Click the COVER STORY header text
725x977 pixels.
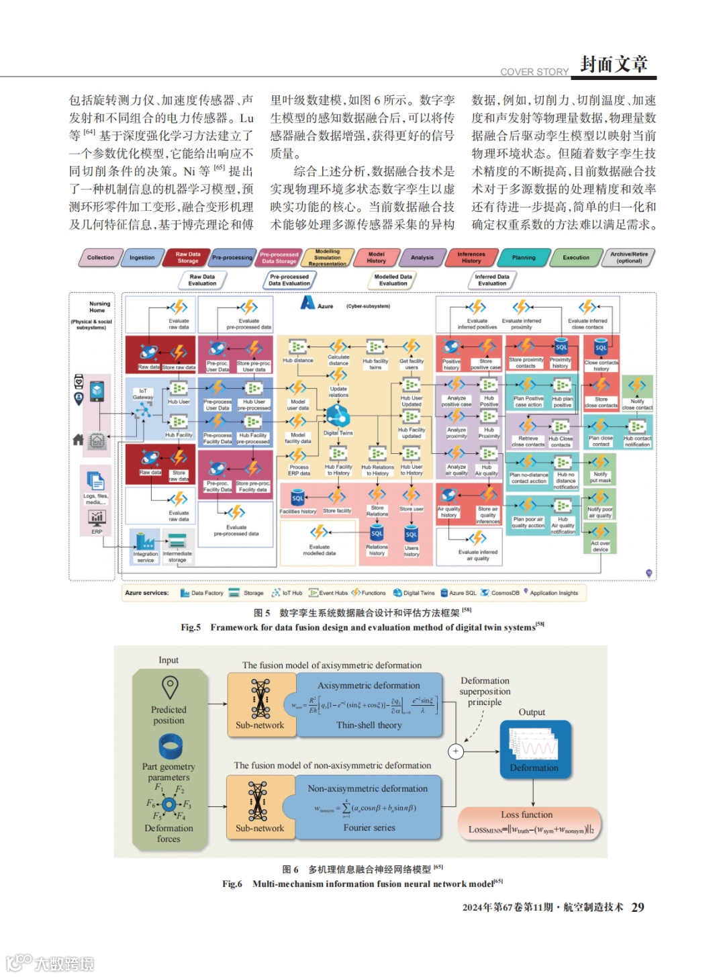(x=534, y=72)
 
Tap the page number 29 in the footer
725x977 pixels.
(x=637, y=907)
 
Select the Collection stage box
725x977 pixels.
(x=100, y=258)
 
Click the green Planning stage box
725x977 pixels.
(x=524, y=258)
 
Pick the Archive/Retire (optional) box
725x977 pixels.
(x=629, y=258)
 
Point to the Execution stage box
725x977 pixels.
(x=576, y=258)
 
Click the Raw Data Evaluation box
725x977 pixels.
(x=202, y=280)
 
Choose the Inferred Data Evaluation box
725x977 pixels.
(x=492, y=280)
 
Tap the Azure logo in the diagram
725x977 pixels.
(x=307, y=303)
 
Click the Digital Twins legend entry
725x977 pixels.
(x=414, y=593)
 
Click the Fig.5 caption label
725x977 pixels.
(x=191, y=627)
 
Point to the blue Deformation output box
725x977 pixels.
(x=534, y=750)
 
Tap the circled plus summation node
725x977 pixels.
(x=456, y=751)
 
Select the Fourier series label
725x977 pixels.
(x=369, y=828)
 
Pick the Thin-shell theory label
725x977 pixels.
(x=369, y=725)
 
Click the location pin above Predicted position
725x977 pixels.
(x=170, y=687)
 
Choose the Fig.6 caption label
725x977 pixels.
(x=232, y=884)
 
